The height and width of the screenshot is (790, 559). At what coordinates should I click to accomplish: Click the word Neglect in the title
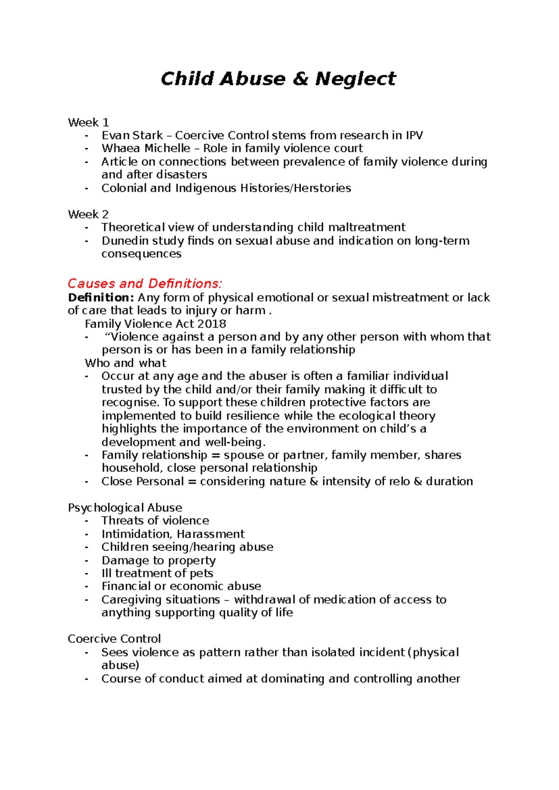pyautogui.click(x=355, y=79)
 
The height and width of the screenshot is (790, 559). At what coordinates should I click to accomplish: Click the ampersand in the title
pyautogui.click(x=300, y=79)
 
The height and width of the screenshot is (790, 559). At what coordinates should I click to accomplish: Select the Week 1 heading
pyautogui.click(x=88, y=123)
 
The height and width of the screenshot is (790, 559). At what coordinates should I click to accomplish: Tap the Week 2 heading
pyautogui.click(x=88, y=214)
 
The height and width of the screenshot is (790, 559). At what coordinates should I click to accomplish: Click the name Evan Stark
pyautogui.click(x=132, y=136)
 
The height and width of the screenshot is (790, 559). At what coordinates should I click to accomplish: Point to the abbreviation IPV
pyautogui.click(x=414, y=136)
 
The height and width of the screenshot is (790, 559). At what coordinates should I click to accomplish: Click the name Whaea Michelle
pyautogui.click(x=146, y=149)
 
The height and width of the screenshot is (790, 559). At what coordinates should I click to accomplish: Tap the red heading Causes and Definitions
pyautogui.click(x=145, y=283)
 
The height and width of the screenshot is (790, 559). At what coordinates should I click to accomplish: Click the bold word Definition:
pyautogui.click(x=101, y=297)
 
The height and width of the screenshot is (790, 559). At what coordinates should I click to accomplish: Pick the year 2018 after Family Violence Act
pyautogui.click(x=212, y=324)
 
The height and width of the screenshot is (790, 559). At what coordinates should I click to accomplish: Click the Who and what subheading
pyautogui.click(x=125, y=363)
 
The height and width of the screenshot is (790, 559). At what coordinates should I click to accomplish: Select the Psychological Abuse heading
pyautogui.click(x=125, y=507)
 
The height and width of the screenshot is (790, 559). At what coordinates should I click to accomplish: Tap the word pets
pyautogui.click(x=201, y=573)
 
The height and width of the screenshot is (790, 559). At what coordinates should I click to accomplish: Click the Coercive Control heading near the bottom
pyautogui.click(x=114, y=639)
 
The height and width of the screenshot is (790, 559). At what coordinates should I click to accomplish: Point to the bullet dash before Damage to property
pyautogui.click(x=87, y=560)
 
